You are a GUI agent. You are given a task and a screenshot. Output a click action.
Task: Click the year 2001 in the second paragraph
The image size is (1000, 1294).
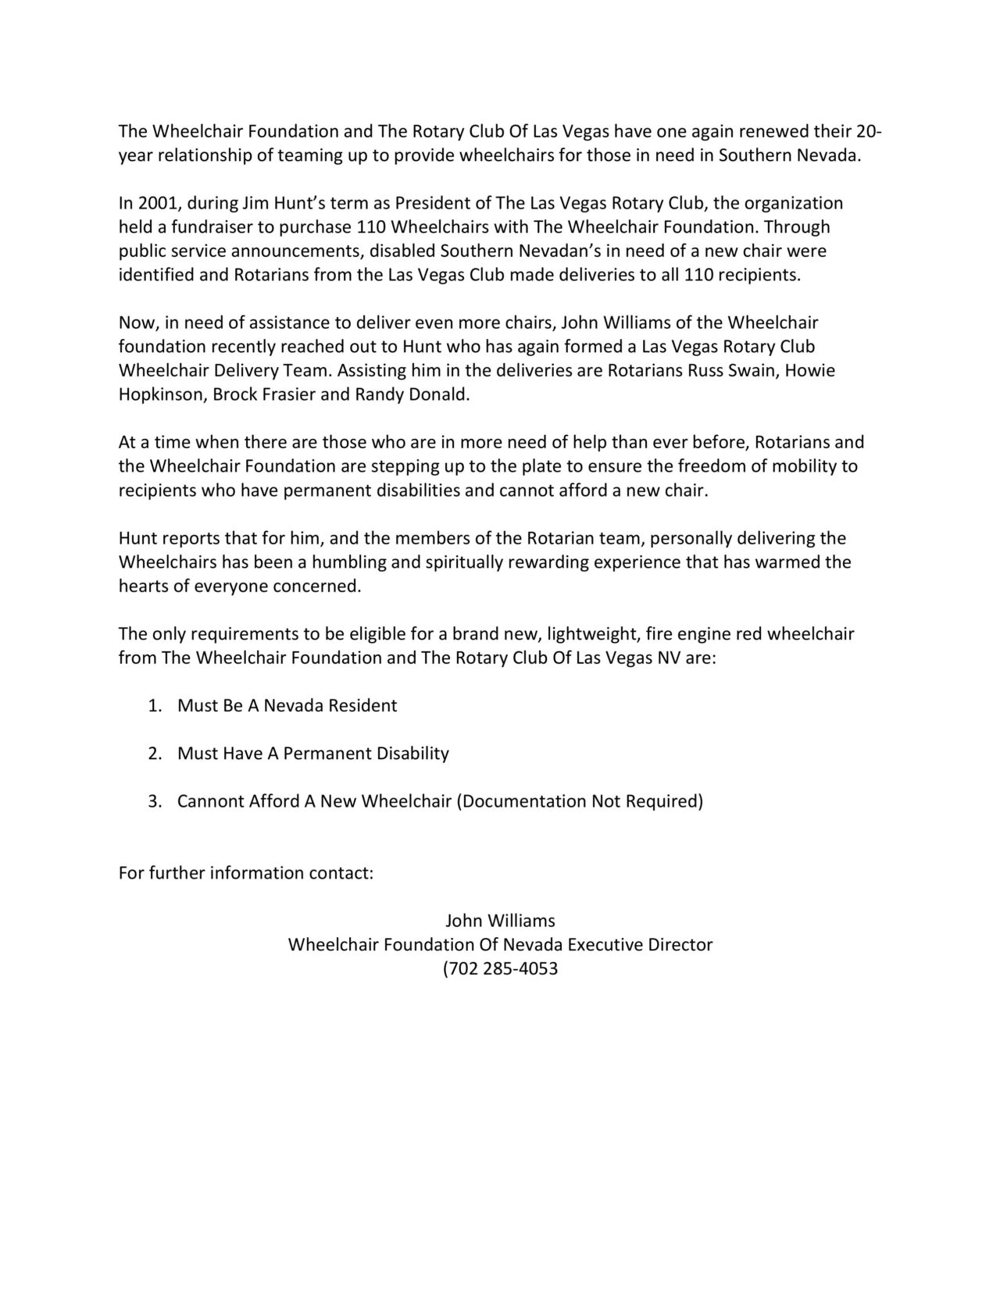tap(159, 204)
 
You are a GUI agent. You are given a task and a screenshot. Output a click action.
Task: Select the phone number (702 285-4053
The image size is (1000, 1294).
tap(501, 969)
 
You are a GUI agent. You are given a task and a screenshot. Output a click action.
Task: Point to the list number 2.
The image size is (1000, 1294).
tap(154, 754)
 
